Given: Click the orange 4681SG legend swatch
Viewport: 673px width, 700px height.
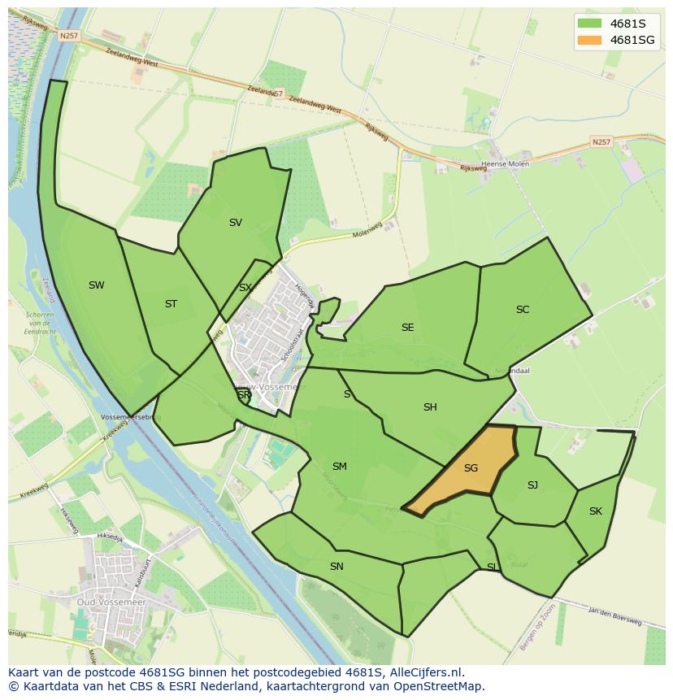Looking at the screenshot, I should tap(590, 40).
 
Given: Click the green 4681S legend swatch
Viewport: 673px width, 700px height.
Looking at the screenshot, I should tap(590, 23).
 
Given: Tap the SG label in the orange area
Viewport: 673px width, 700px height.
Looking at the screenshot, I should tap(471, 468).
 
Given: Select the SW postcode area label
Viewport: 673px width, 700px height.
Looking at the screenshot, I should tap(97, 285).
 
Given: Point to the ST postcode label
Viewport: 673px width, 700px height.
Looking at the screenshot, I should tap(171, 304).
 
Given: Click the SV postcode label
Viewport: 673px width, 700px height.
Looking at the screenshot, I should tap(236, 223).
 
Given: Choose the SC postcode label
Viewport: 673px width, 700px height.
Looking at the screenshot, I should tap(523, 310).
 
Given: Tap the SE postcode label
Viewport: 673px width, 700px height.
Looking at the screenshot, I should tap(407, 328).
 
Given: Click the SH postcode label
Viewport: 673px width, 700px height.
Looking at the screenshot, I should tap(430, 407).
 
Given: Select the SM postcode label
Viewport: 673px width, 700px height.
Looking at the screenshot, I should tap(340, 467).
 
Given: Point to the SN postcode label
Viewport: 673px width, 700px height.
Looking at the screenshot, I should tap(336, 567).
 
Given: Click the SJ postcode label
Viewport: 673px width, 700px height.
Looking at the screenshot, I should tap(532, 485).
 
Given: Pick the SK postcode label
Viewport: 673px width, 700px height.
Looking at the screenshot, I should tap(596, 511).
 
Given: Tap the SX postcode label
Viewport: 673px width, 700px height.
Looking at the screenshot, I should tap(245, 288).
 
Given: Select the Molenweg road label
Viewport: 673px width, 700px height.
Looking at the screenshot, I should tap(367, 232).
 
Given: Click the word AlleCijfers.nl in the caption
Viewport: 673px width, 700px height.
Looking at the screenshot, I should tap(426, 672).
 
